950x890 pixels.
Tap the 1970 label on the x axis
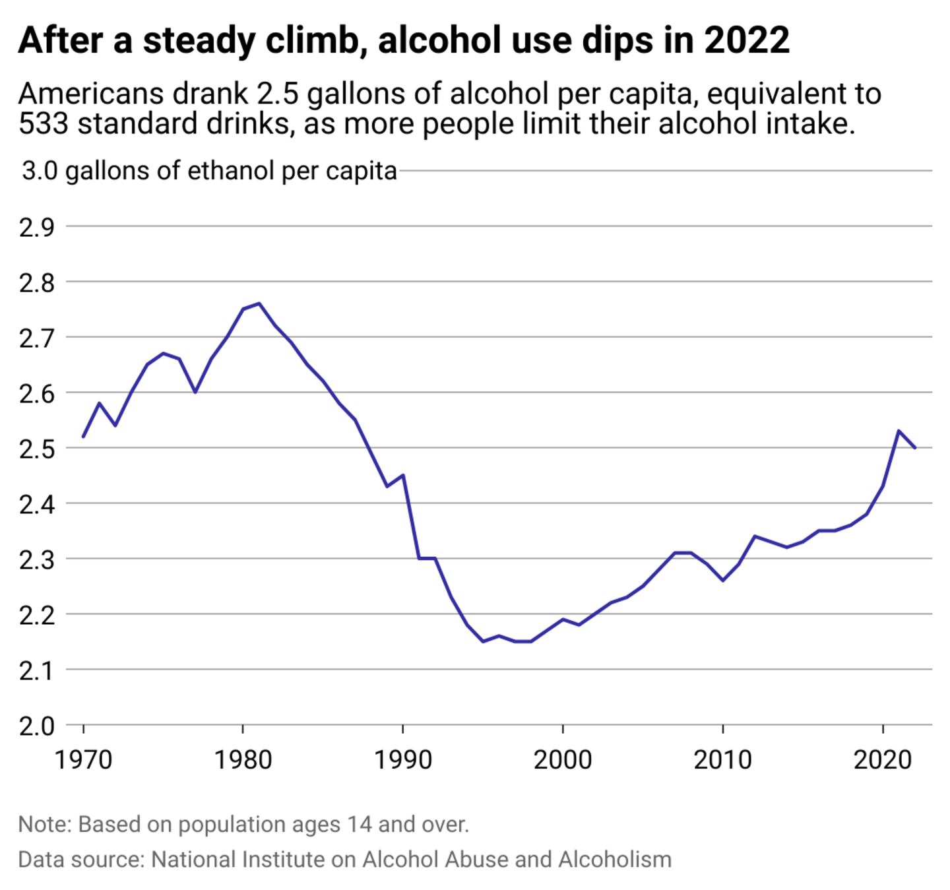pos(83,759)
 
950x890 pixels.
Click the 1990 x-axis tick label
pos(402,759)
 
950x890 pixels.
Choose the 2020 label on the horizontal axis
pos(883,759)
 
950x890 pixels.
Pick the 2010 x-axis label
pos(722,759)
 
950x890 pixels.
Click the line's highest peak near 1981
pos(259,303)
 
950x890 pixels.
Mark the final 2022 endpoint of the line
pos(914,448)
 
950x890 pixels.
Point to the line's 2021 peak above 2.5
pos(899,431)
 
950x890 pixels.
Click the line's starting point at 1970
pos(83,437)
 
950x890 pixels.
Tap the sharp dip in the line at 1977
pos(195,392)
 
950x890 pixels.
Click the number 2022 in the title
pos(746,40)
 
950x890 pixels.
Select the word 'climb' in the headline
pos(314,40)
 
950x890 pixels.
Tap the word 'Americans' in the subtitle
pos(91,94)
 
